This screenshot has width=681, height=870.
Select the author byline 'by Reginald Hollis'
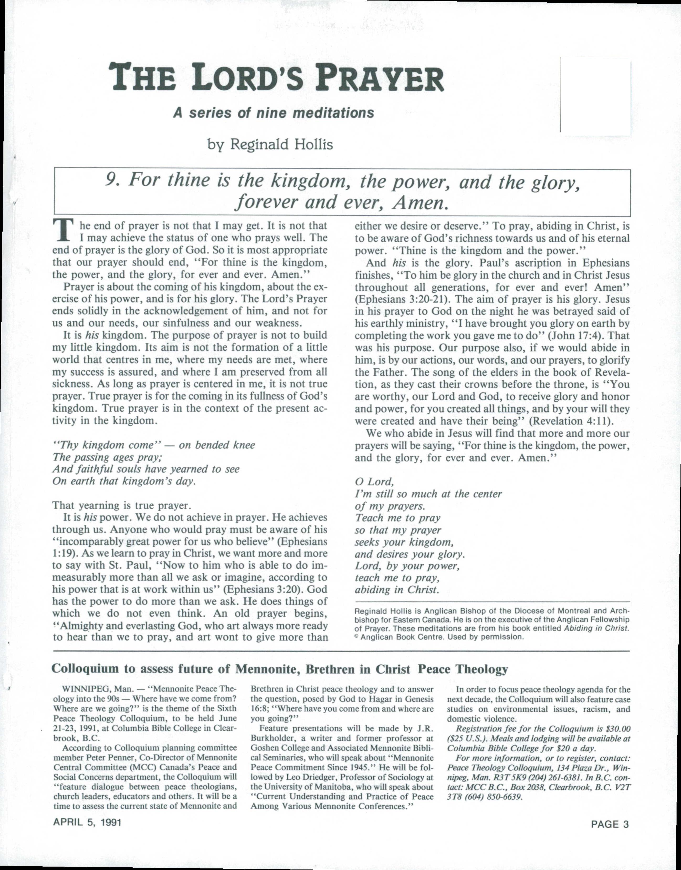point(270,144)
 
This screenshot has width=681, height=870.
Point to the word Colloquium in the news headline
point(86,669)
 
